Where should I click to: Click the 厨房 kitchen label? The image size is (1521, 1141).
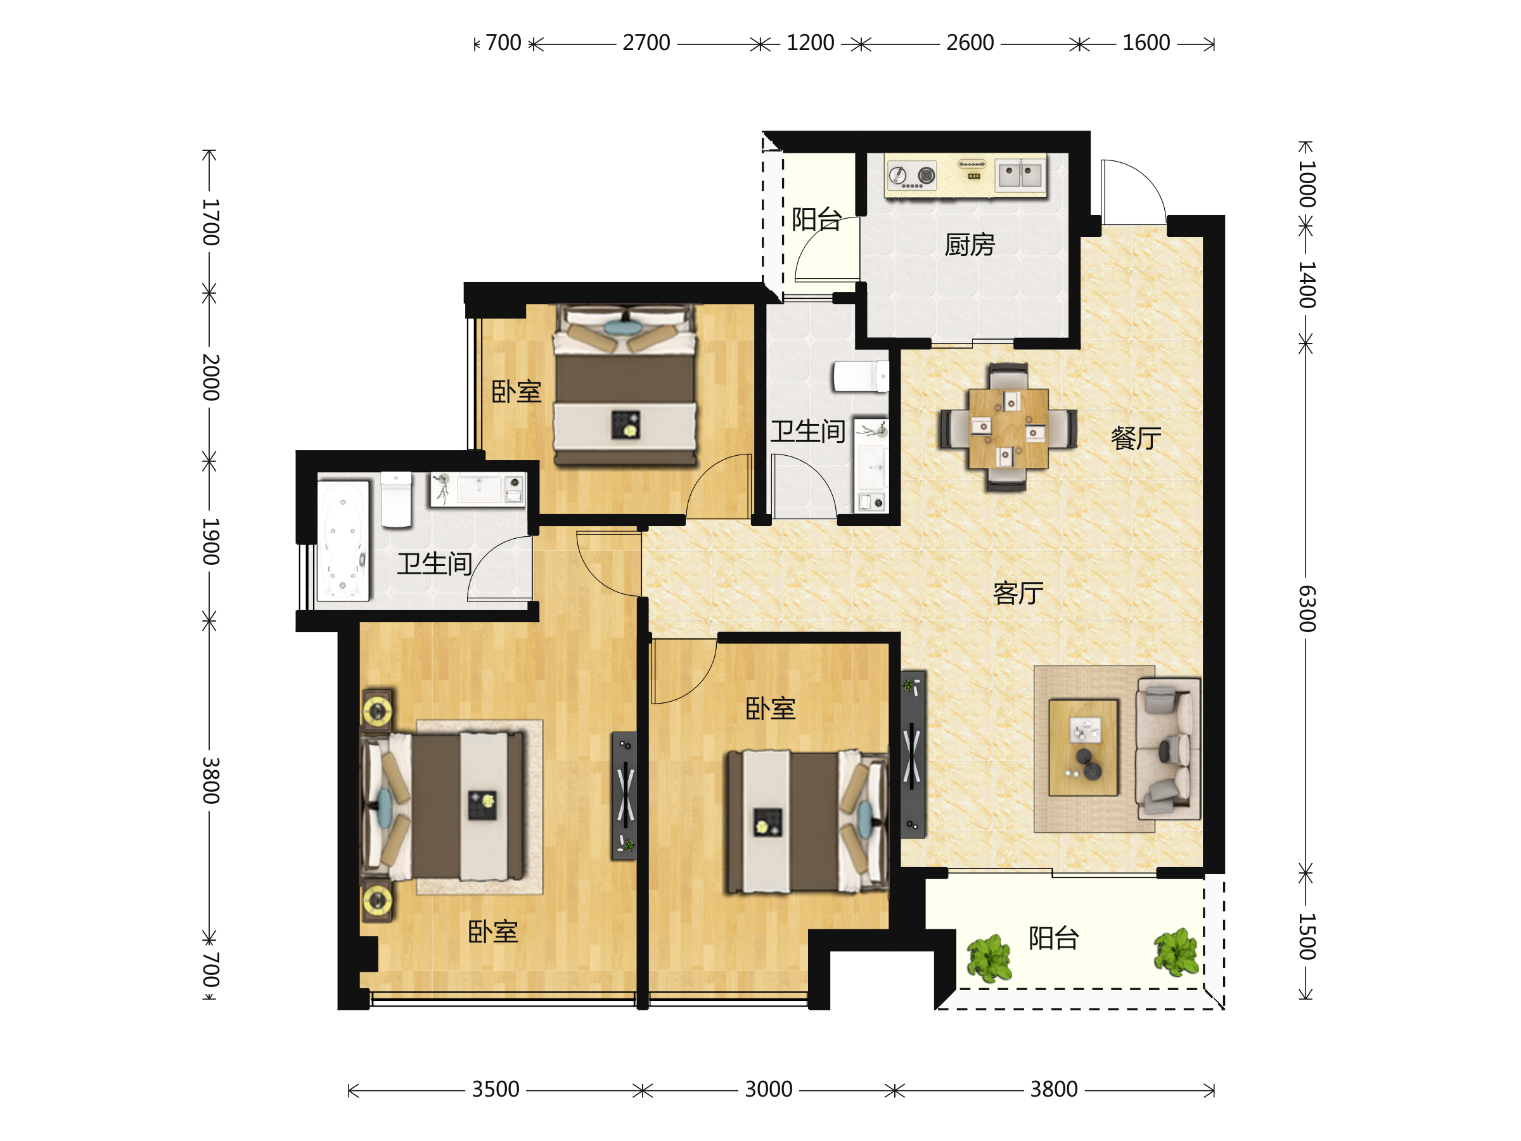tap(970, 245)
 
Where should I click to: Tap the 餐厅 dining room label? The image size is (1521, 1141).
tap(1136, 438)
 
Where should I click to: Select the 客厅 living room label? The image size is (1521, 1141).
tap(1018, 593)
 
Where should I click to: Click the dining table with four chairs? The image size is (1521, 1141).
tap(1008, 428)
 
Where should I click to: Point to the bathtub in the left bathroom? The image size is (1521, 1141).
tap(343, 541)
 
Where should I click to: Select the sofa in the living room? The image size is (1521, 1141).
tap(1168, 748)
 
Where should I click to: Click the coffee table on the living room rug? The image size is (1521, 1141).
tap(1083, 747)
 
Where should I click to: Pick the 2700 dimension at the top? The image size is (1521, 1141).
tap(646, 43)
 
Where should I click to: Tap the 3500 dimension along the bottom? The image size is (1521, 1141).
tap(495, 1090)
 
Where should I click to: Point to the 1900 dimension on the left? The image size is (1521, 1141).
tap(210, 542)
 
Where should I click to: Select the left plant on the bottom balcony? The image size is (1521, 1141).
tap(989, 958)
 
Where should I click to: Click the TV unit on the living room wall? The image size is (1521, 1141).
tap(913, 754)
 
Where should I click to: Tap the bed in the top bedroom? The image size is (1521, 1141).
tap(625, 385)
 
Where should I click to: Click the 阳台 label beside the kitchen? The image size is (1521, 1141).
tap(816, 219)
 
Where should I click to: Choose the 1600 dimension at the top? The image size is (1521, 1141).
tap(1146, 43)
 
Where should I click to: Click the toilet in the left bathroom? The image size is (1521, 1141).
tap(396, 500)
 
